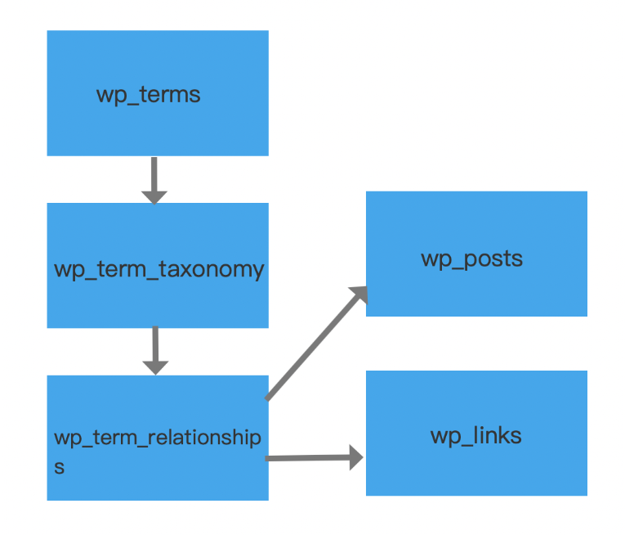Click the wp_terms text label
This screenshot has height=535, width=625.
point(148,95)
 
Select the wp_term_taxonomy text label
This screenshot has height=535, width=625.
point(158,269)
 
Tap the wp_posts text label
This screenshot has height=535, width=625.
point(471,259)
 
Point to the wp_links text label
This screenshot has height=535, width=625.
point(475,435)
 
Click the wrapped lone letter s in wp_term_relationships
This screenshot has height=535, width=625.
point(59,468)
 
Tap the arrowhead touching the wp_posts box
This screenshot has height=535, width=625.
point(357,295)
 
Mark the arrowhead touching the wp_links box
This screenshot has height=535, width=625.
point(355,457)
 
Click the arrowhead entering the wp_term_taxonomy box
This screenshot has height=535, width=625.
point(154,196)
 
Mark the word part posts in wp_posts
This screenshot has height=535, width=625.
point(493,259)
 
